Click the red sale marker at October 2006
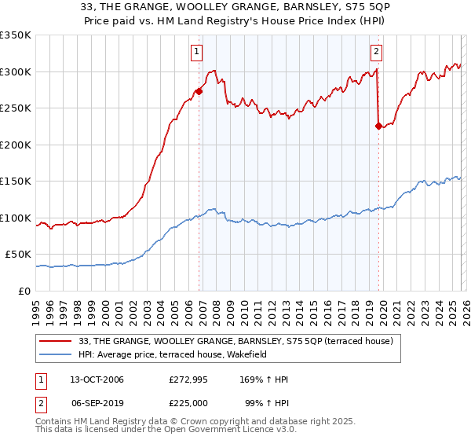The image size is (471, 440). click(199, 91)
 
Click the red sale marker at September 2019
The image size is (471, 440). click(378, 126)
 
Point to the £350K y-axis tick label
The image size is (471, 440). click(16, 35)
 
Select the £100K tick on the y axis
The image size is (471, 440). click(16, 218)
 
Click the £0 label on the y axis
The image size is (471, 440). click(24, 291)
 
